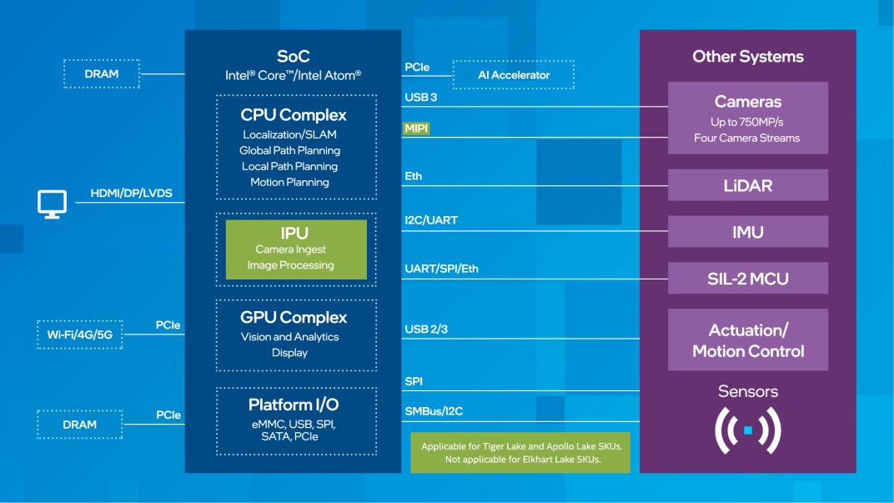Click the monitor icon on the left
pos(52,204)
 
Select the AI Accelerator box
pos(514,75)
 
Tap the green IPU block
pos(296,249)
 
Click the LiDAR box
pos(747,185)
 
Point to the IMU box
pos(747,232)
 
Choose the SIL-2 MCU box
pos(747,279)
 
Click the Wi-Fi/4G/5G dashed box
pos(80,334)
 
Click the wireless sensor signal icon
pos(747,430)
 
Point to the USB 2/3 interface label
pos(426,329)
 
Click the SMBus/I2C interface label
pos(434,410)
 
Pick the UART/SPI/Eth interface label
pos(441,269)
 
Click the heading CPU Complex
pos(294,115)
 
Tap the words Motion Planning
pos(289,182)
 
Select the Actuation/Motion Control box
pos(747,340)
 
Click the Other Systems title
pos(747,57)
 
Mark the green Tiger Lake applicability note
pos(520,453)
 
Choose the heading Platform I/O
pos(293,405)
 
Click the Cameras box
pos(747,118)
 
